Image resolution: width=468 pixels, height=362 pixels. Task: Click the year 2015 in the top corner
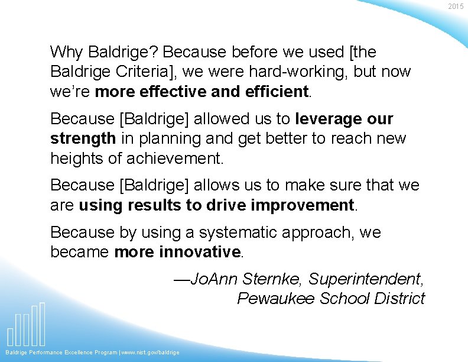(456, 6)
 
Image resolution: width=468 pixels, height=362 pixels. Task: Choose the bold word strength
(83, 139)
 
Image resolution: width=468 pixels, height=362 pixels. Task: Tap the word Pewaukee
(276, 299)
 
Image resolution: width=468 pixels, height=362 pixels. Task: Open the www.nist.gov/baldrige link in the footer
(150, 353)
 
